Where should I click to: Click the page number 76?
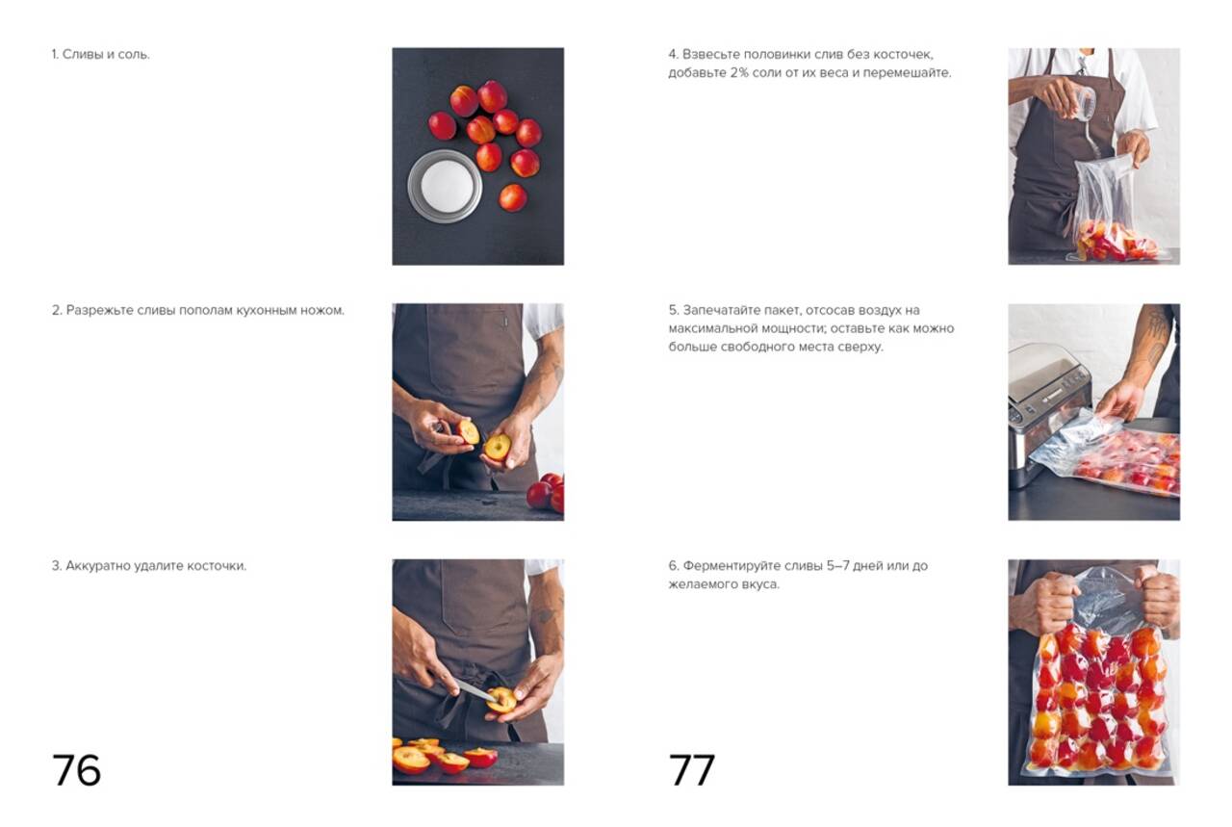pyautogui.click(x=76, y=770)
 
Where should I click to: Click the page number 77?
pyautogui.click(x=692, y=770)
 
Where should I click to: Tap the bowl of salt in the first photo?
pyautogui.click(x=445, y=186)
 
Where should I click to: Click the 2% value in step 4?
pyautogui.click(x=739, y=72)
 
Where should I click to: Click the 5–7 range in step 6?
pyautogui.click(x=837, y=566)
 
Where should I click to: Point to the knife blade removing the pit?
pyautogui.click(x=475, y=690)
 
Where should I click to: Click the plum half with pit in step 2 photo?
pyautogui.click(x=498, y=447)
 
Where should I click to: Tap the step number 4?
pyautogui.click(x=673, y=55)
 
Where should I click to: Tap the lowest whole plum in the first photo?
pyautogui.click(x=513, y=197)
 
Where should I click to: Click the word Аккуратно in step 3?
pyautogui.click(x=98, y=566)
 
